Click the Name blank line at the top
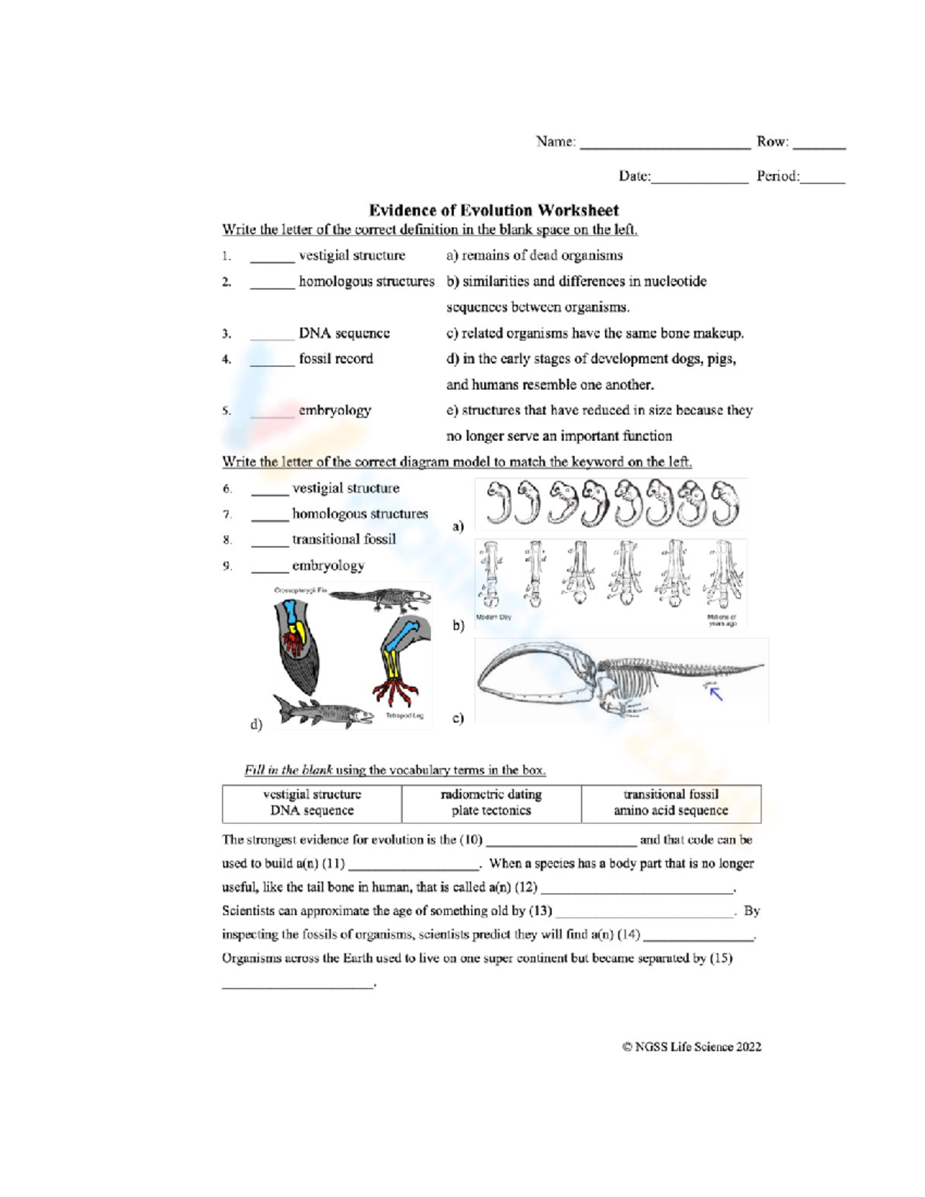[664, 145]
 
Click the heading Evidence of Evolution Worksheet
[493, 210]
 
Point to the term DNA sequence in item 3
[344, 333]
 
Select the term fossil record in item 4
[335, 358]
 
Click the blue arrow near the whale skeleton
[716, 694]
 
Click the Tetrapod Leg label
[404, 716]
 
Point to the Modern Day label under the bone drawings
[493, 617]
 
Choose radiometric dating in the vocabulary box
[491, 794]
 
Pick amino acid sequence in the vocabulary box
[671, 811]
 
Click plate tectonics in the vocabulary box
[491, 811]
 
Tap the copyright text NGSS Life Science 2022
[691, 1047]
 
